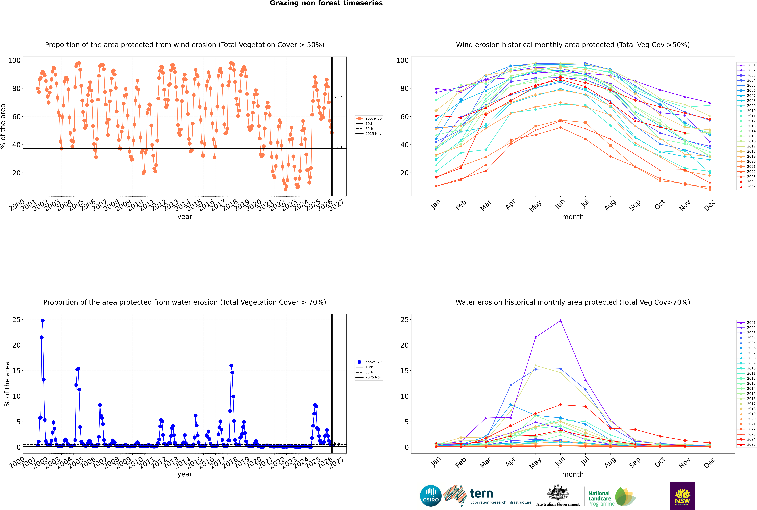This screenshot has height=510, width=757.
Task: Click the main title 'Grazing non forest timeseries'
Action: click(x=326, y=3)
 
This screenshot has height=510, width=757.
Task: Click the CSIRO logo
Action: click(x=431, y=496)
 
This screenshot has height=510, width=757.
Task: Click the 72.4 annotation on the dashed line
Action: click(x=338, y=98)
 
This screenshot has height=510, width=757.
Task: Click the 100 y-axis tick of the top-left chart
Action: click(x=14, y=60)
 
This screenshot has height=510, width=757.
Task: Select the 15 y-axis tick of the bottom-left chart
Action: click(x=16, y=371)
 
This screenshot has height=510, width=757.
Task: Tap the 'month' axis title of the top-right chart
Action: click(x=573, y=217)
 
